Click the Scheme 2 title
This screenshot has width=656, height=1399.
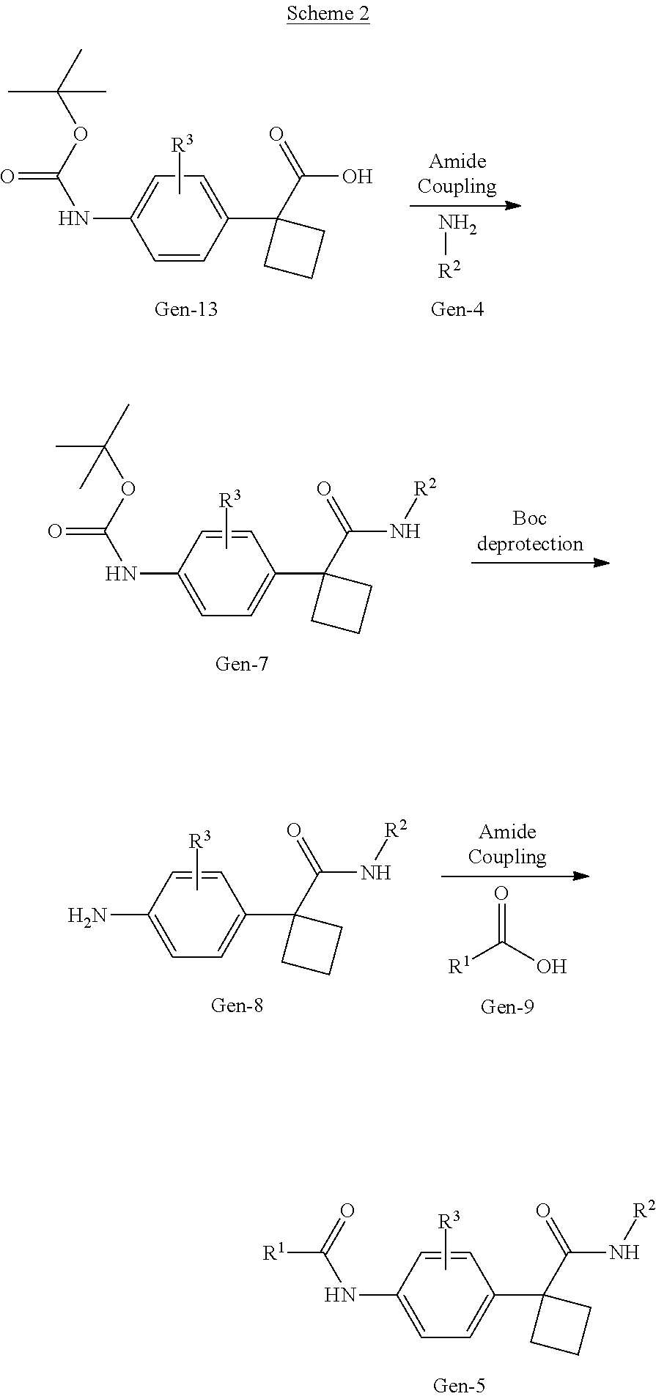(x=328, y=13)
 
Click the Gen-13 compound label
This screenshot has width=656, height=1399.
(x=185, y=309)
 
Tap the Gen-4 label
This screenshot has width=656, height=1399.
(x=457, y=309)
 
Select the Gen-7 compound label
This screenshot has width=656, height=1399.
(x=241, y=664)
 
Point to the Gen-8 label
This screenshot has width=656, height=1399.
(x=236, y=1005)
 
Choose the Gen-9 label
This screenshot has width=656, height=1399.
(x=507, y=1007)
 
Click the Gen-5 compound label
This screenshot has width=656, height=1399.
(x=459, y=1385)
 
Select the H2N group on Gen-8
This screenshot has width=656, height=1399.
(x=87, y=915)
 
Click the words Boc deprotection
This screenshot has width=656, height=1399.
(x=529, y=531)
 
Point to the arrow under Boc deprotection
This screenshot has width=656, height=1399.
(x=539, y=563)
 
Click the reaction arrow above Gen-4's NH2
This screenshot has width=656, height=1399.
(x=465, y=205)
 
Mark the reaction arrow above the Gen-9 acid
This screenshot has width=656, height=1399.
(x=515, y=876)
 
